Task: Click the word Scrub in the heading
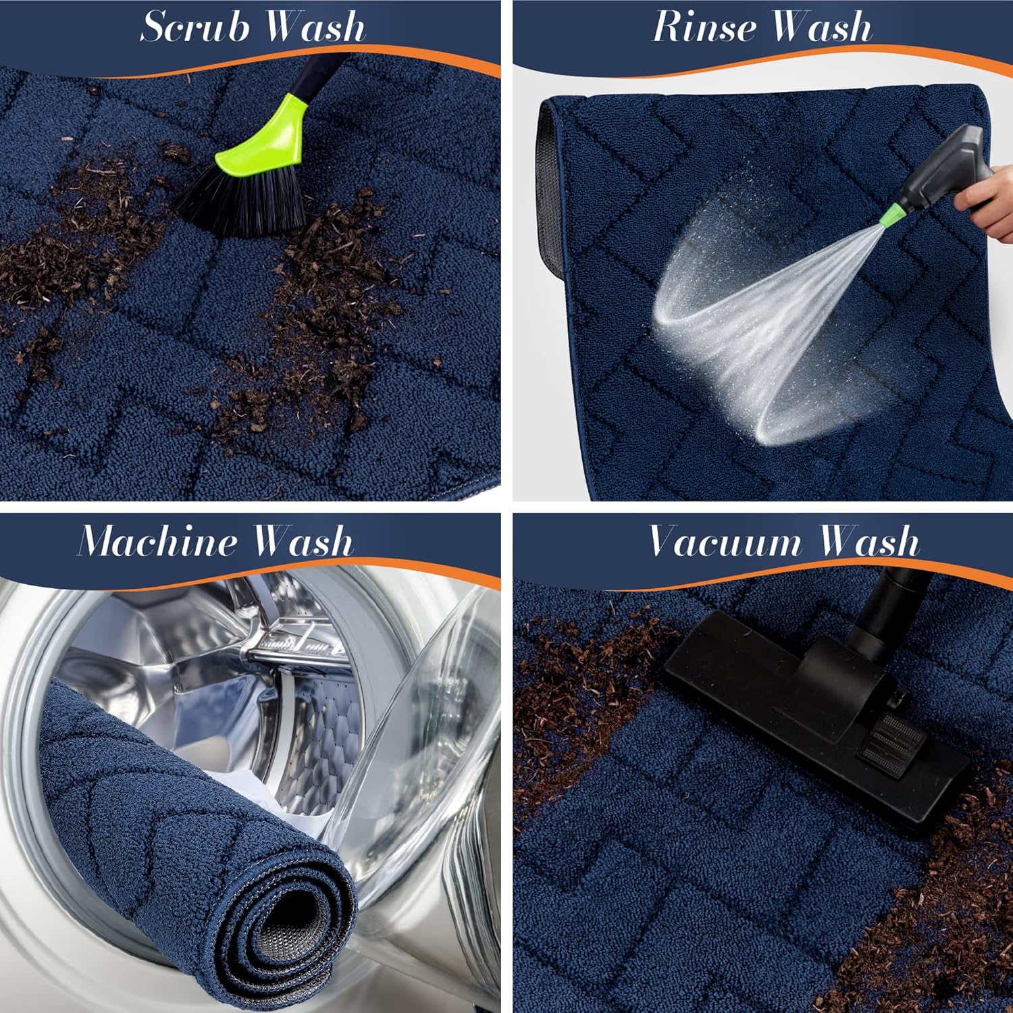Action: pos(195,27)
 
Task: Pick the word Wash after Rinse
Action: pos(821,27)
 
